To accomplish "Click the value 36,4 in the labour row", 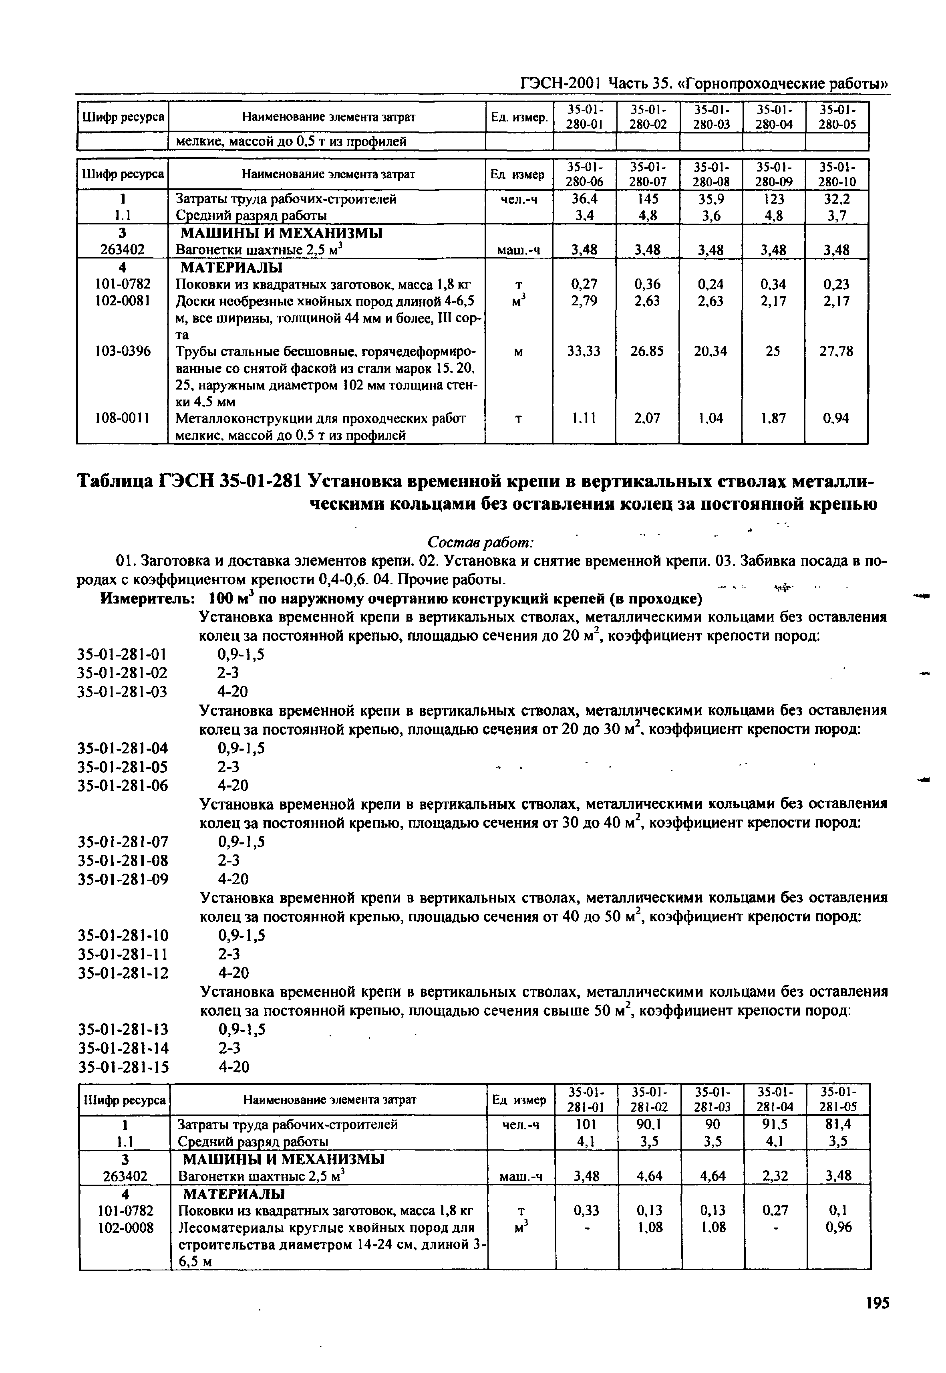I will (584, 199).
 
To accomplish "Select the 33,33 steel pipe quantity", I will (584, 352).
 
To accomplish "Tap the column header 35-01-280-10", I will (836, 174).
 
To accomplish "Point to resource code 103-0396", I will (123, 352).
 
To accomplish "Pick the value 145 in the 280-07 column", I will (647, 199).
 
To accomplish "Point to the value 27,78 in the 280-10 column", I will (836, 352).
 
